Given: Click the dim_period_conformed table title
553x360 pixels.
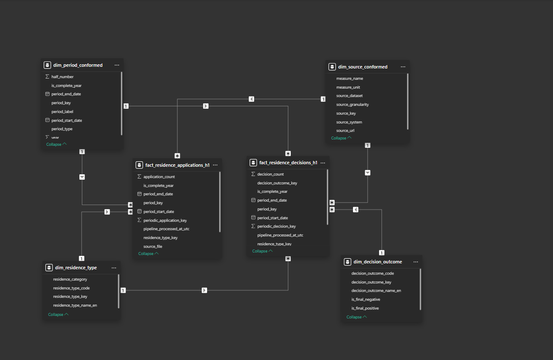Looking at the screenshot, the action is (78, 65).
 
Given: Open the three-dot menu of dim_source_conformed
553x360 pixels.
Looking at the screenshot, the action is (403, 67).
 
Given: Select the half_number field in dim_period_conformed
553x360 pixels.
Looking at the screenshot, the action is (62, 77).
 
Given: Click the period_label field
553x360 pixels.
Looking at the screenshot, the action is (62, 111).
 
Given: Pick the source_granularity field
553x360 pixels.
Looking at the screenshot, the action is (352, 105).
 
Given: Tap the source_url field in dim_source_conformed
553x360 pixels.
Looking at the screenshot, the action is (345, 131).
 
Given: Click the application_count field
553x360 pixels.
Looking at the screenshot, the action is (159, 177).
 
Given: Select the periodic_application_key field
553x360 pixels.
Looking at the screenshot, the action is (165, 221).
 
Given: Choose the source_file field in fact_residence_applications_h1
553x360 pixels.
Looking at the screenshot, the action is (153, 247).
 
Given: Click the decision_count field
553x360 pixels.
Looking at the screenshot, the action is (270, 174).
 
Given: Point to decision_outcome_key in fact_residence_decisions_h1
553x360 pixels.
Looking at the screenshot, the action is (277, 183).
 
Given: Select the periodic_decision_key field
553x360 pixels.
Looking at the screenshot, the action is (276, 226).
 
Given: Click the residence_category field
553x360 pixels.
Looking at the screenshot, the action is (70, 279).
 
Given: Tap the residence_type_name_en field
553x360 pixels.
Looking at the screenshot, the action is (75, 305).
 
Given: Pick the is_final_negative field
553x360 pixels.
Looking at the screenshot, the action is (366, 300).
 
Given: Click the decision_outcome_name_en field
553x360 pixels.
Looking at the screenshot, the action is (376, 291).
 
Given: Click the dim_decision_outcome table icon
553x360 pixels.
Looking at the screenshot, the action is (348, 262).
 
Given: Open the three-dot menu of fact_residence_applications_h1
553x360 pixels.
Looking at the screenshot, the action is (215, 165).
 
